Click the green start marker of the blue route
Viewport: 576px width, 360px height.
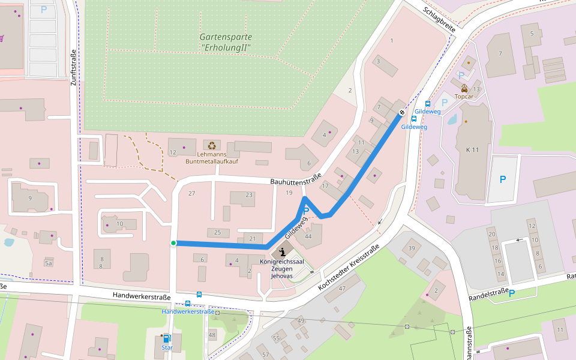coord(173,243)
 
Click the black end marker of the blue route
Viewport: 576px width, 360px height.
coord(402,112)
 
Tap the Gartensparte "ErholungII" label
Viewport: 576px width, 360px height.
coord(226,42)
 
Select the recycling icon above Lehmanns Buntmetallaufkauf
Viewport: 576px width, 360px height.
coord(212,145)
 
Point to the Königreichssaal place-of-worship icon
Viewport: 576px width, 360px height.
coord(281,251)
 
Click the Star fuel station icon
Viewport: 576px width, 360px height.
coord(167,338)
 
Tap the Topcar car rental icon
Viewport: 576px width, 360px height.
coord(464,88)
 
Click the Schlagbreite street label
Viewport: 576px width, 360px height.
coord(439,20)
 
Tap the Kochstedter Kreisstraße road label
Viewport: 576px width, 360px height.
coord(349,268)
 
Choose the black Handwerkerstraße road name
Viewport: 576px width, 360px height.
coord(142,296)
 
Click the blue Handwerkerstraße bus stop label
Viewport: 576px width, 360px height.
coord(188,311)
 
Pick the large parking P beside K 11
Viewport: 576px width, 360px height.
coord(503,179)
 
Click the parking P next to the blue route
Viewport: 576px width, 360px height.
coord(306,211)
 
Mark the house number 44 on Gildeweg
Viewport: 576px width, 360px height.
coord(308,236)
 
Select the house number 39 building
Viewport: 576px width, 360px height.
coord(412,248)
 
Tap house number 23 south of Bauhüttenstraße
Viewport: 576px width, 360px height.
coord(250,195)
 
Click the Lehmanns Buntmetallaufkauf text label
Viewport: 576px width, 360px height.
coord(212,158)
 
